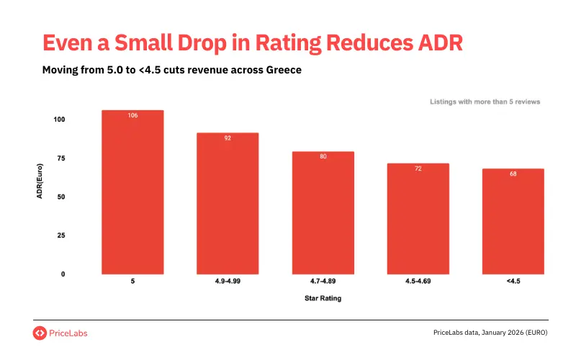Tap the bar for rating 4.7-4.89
tap(323, 213)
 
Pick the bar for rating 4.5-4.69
tap(418, 219)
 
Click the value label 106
tap(132, 115)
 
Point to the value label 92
tap(228, 138)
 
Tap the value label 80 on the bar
tap(323, 156)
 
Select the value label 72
tap(418, 168)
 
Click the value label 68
tap(513, 174)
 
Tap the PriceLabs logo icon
tap(40, 333)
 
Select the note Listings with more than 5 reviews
tap(485, 102)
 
